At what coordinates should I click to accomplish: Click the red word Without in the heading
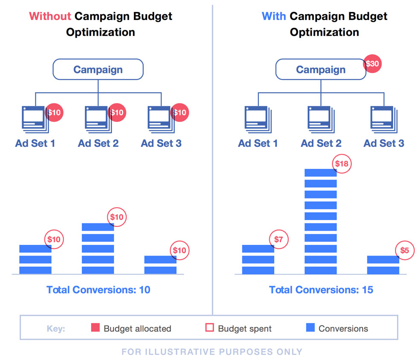[50, 17]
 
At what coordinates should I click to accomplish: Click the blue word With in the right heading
[274, 17]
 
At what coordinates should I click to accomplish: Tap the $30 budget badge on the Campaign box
[372, 64]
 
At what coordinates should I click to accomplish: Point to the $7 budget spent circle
[279, 240]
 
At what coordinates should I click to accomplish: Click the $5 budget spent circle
[404, 250]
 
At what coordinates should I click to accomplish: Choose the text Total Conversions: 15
[321, 290]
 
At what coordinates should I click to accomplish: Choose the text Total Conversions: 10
[98, 290]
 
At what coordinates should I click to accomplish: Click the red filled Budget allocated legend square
[96, 328]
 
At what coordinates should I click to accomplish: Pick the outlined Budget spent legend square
[209, 328]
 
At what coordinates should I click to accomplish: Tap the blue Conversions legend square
[311, 328]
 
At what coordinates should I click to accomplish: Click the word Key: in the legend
[56, 329]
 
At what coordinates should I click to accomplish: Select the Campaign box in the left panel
[98, 70]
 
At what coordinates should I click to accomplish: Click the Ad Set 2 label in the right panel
[321, 143]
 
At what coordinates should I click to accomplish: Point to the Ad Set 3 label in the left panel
[161, 143]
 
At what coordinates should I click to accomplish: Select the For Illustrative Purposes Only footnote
[212, 352]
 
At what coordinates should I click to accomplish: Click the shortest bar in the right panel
[383, 265]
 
